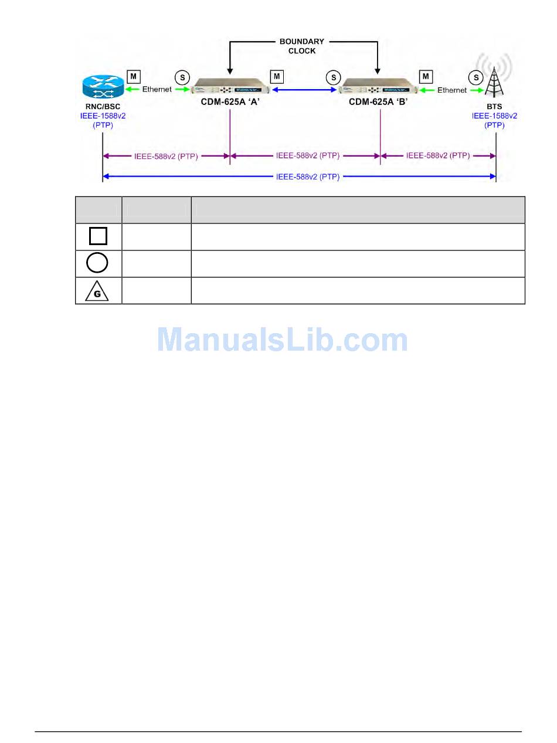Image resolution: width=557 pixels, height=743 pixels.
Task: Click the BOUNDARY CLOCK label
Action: pos(301,46)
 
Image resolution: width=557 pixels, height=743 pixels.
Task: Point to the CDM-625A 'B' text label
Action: pos(378,101)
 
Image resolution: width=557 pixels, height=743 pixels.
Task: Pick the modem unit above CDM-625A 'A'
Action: pos(232,86)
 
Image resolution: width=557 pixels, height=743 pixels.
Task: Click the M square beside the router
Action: pos(134,77)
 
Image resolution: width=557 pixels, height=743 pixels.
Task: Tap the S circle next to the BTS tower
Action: pos(476,77)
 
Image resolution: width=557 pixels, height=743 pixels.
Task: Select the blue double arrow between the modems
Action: pos(305,90)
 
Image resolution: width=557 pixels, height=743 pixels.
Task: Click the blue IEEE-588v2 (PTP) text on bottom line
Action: pos(307,177)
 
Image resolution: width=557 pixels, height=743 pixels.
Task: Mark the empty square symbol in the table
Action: pos(98,236)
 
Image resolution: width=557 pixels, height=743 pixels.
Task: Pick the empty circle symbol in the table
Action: pos(97,263)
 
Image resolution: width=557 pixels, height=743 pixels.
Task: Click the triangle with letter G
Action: pos(97,291)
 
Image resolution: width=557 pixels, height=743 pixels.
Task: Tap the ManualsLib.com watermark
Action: pos(282,340)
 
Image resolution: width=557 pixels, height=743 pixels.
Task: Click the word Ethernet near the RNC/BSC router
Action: pos(157,90)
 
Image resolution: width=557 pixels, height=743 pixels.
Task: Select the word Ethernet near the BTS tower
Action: pos(452,90)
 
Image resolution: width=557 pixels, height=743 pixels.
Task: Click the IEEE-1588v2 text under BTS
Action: pos(495,116)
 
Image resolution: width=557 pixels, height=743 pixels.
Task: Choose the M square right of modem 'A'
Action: pos(277,77)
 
